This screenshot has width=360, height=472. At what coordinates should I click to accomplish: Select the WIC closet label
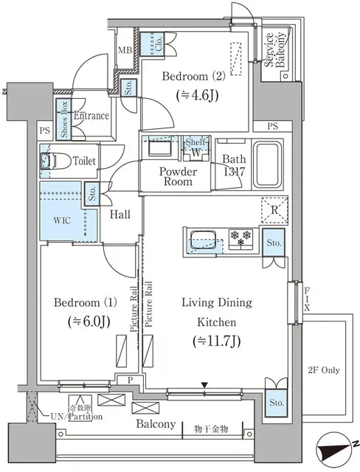62,221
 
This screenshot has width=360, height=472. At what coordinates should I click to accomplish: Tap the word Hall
121,214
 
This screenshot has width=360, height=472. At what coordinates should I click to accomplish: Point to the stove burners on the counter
240,239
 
